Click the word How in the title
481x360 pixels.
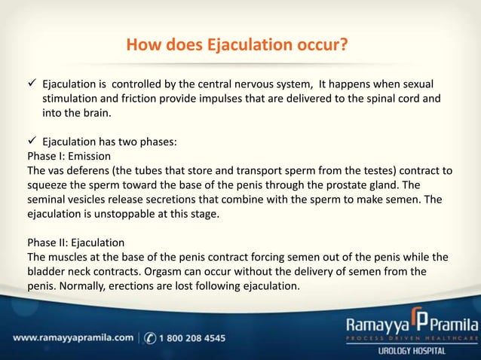pos(141,47)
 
